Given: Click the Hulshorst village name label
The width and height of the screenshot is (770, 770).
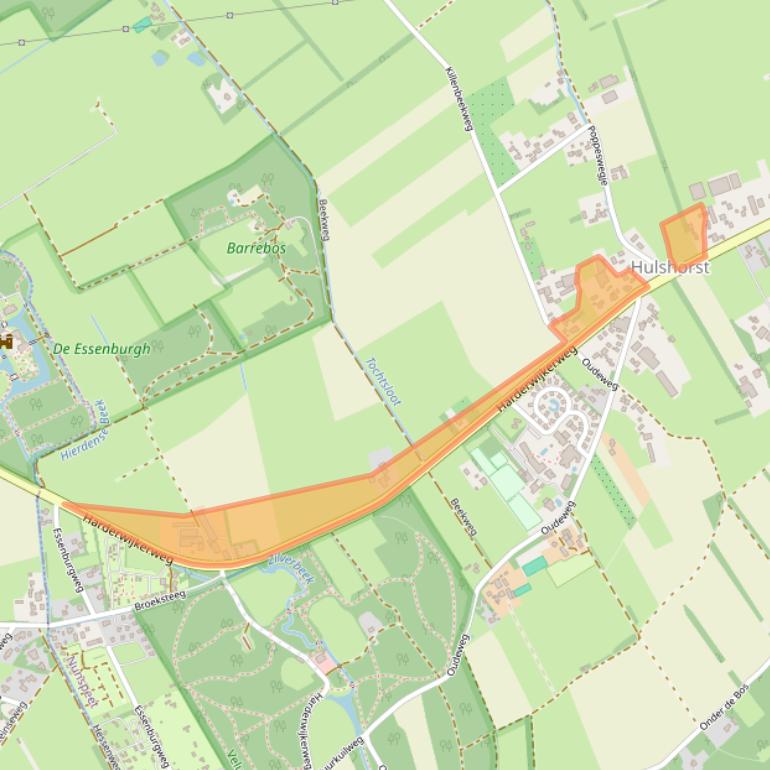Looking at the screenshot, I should pos(670,268).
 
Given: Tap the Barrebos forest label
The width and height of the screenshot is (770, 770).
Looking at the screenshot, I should pos(256,248).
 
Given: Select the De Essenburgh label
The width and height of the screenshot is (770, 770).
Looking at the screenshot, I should pos(101,349).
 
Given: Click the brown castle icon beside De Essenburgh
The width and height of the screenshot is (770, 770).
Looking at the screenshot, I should pos(6,342).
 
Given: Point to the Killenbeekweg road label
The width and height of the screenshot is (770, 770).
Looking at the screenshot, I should pos(458,97).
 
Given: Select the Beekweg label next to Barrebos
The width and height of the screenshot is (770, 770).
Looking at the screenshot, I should pos(324,218).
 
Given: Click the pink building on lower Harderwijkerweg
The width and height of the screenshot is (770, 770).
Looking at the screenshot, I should pos(324,663).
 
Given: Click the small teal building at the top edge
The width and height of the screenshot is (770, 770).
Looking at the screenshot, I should pos(141,24).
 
